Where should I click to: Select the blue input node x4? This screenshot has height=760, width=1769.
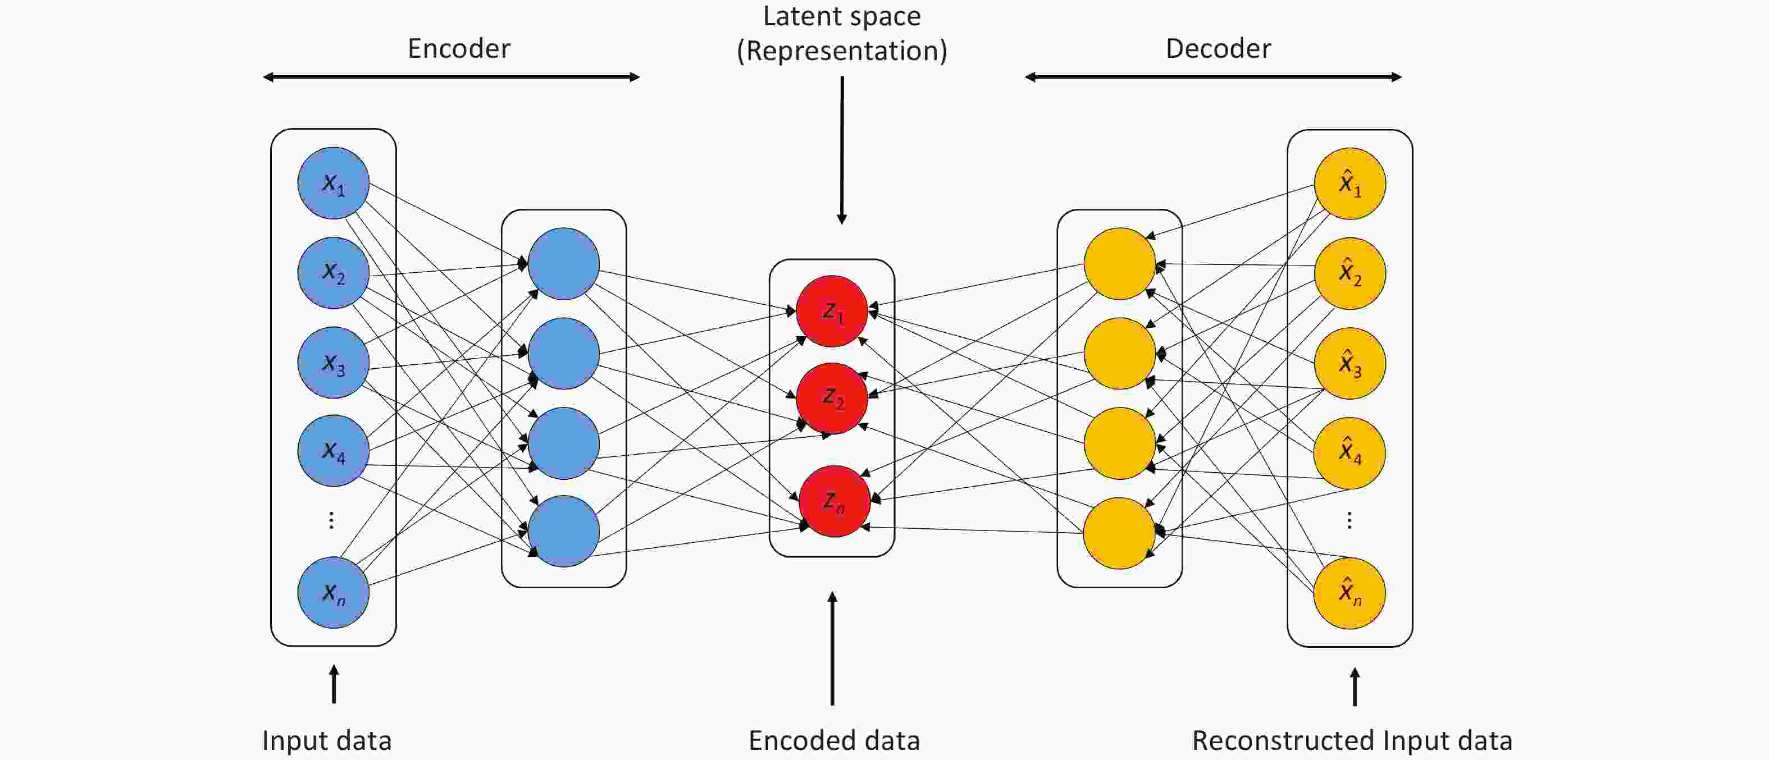(x=333, y=451)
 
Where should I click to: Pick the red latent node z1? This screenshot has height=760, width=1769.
(x=832, y=311)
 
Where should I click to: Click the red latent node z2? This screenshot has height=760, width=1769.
(x=832, y=398)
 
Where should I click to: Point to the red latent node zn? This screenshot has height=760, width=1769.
(x=835, y=501)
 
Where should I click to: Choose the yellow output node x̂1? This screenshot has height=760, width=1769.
(x=1349, y=184)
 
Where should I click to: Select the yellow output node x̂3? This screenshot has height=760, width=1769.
(x=1349, y=363)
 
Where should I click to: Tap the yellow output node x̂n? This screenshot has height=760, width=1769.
(x=1349, y=593)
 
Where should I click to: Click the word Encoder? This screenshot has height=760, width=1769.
(x=459, y=49)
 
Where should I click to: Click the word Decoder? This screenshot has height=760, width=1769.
(x=1218, y=49)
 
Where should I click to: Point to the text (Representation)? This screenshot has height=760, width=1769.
(x=842, y=52)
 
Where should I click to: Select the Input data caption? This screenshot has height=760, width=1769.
(x=327, y=741)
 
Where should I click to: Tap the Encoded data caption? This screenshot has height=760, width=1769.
(x=834, y=741)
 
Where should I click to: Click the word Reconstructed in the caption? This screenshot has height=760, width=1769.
(x=1283, y=741)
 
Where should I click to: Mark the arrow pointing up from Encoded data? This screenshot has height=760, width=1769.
(x=832, y=648)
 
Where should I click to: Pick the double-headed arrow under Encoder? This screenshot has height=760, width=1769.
(x=451, y=77)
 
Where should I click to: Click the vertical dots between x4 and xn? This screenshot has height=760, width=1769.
(x=332, y=520)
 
